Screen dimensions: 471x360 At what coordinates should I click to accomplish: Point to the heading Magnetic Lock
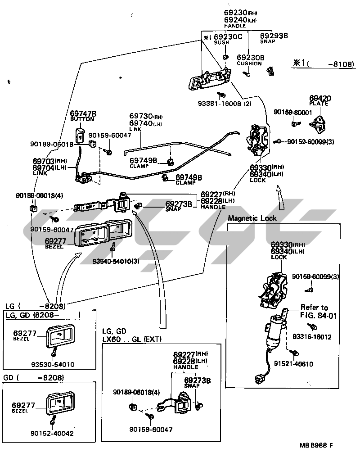pyautogui.click(x=252, y=218)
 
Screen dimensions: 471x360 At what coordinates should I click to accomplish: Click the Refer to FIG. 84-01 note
pyautogui.click(x=317, y=311)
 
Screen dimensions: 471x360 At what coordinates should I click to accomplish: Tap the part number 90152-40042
pyautogui.click(x=52, y=433)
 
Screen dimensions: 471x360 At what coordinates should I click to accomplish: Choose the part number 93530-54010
pyautogui.click(x=53, y=364)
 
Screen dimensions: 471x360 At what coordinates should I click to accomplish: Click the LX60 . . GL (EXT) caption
pyautogui.click(x=132, y=339)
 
